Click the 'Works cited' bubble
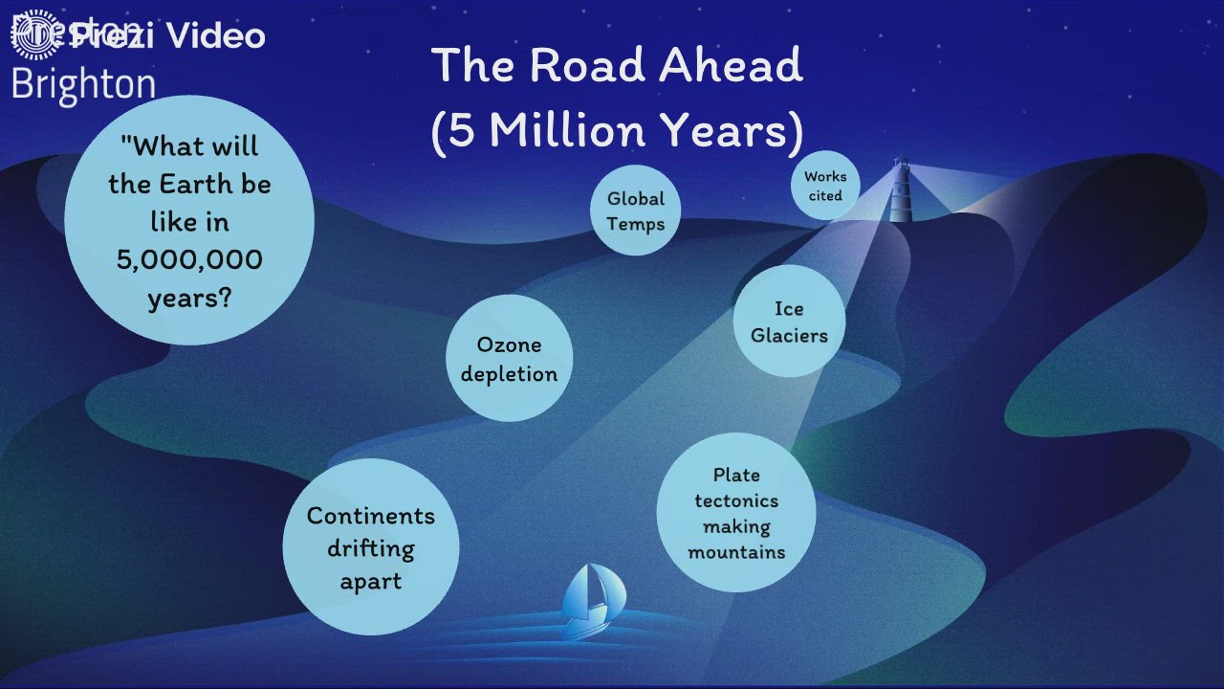824,186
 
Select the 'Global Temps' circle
635,211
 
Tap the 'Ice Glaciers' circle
789,322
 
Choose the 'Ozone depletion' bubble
509,358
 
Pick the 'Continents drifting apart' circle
371,547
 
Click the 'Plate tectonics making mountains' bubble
736,512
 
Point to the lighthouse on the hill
901,190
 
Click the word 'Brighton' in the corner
83,84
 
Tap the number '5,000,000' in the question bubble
189,259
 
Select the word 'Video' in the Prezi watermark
215,36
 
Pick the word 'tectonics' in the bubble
736,500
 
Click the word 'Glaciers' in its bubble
789,336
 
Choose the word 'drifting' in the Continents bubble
371,548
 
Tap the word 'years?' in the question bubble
189,298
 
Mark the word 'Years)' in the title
738,131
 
